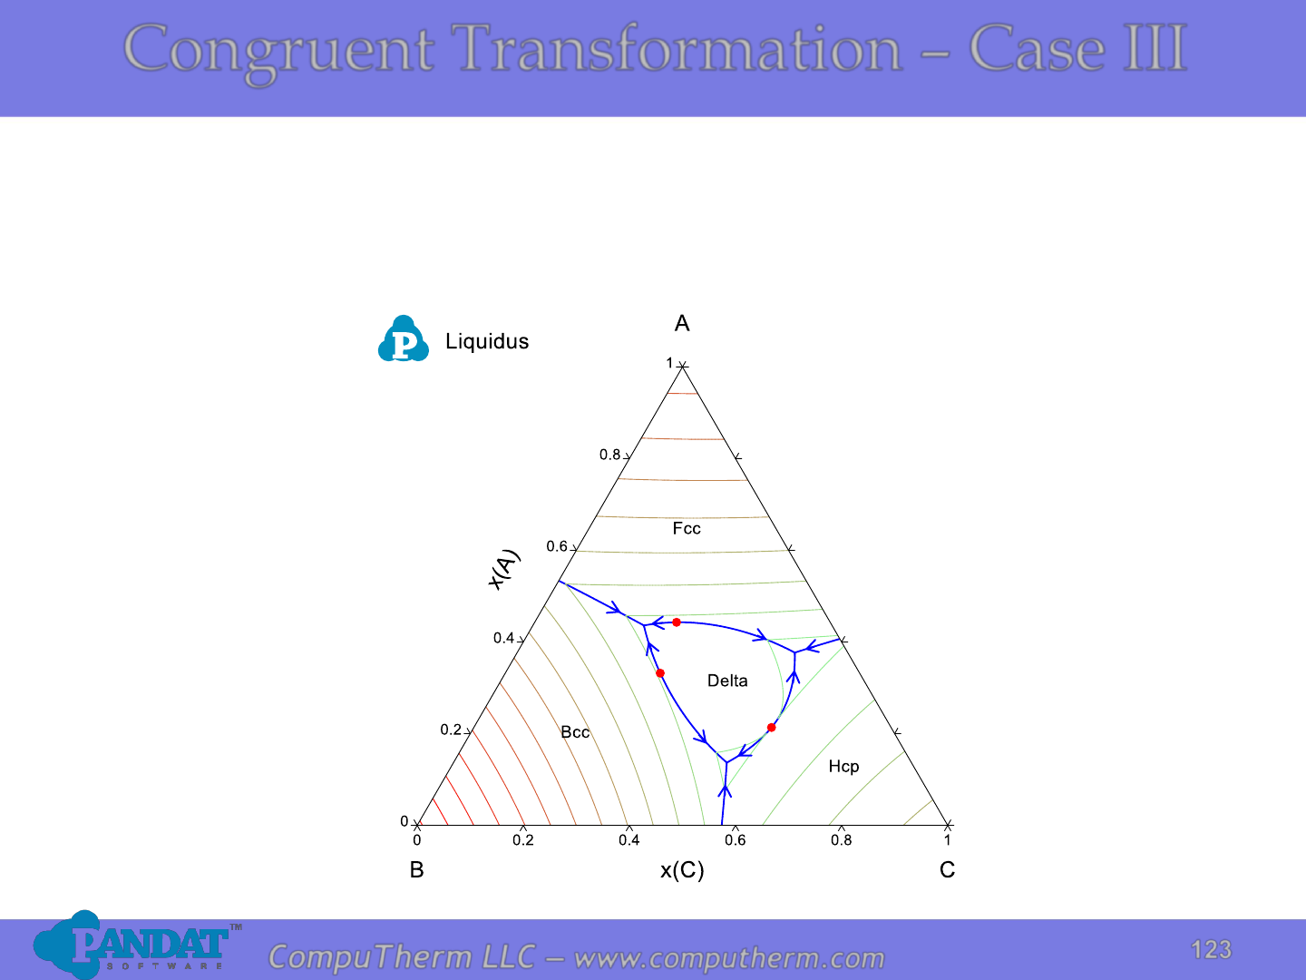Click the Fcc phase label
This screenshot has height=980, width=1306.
pos(686,528)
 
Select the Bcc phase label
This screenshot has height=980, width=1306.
pos(575,732)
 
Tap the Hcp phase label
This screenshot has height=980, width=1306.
pos(843,767)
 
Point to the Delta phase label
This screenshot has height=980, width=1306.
pos(727,681)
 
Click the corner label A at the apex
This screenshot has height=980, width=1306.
pos(682,323)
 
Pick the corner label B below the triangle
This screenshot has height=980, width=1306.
pos(416,869)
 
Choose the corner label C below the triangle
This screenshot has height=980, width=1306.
pos(947,869)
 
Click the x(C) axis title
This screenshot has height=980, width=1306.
pos(682,870)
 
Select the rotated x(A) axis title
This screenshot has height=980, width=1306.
pos(503,570)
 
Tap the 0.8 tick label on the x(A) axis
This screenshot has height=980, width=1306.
pos(609,455)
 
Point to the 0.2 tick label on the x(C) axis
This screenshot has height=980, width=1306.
pos(523,839)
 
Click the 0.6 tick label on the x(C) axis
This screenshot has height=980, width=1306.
pos(736,839)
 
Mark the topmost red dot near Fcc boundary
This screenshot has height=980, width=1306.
pos(677,622)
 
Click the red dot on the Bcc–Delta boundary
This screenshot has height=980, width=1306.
pos(660,673)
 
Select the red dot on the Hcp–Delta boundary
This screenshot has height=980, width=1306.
pos(771,727)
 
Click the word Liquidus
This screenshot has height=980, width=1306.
pos(487,341)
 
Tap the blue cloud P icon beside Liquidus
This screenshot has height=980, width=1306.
pos(404,338)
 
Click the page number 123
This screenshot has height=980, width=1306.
pos(1211,950)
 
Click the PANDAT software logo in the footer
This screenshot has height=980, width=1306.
pos(137,945)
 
